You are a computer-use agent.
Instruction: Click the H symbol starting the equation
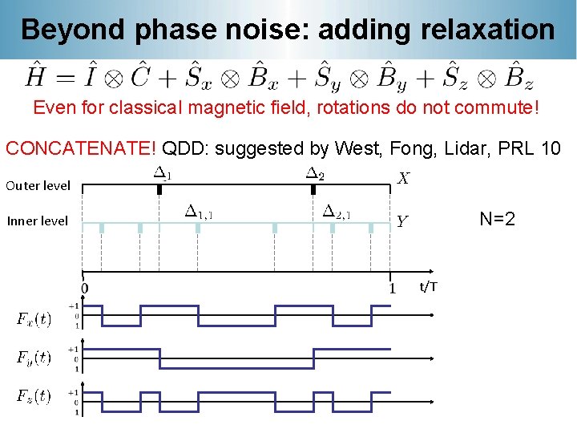35,77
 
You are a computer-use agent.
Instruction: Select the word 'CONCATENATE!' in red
81,148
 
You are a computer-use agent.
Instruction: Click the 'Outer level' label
38,185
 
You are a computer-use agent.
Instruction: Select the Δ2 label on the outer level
315,172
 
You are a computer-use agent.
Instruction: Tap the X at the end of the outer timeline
404,179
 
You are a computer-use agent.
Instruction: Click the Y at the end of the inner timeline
403,222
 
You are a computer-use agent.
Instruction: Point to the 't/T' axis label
429,286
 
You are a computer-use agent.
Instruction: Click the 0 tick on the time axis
85,288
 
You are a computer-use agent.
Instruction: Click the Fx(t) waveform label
34,319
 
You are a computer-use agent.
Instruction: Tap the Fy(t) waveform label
34,358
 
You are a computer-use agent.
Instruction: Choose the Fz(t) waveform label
34,396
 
